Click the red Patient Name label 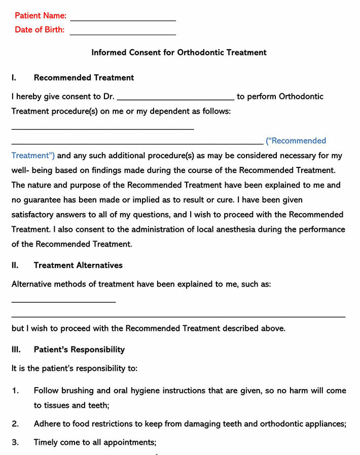(41, 16)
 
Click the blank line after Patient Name (123, 20)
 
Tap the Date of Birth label (40, 29)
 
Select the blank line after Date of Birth (123, 34)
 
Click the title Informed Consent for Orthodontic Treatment (179, 52)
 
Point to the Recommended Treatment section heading (84, 78)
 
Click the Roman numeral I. (14, 78)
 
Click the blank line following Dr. (175, 99)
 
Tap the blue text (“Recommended (296, 141)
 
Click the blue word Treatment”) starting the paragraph (33, 156)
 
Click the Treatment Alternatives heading (78, 265)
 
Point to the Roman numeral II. (15, 265)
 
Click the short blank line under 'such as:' (63, 302)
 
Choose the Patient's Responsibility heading (79, 349)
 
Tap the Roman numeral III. (16, 349)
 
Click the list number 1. (15, 391)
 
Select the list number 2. (15, 424)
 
